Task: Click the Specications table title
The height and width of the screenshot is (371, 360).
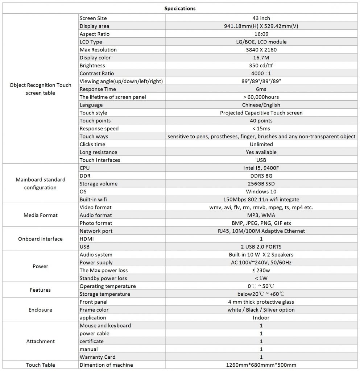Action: (x=180, y=8)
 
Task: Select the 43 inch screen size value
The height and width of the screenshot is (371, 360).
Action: (x=261, y=18)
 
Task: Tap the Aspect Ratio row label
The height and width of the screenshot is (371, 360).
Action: (x=94, y=34)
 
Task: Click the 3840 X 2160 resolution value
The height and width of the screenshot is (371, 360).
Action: (x=261, y=50)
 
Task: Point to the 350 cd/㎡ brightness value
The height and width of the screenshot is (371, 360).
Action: (x=261, y=66)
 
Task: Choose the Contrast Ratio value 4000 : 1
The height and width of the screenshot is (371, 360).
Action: (x=261, y=74)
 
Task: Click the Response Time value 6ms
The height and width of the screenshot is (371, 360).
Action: (x=261, y=89)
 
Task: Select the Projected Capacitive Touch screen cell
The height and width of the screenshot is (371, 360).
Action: (x=261, y=113)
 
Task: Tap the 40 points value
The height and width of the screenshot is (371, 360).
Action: (x=261, y=121)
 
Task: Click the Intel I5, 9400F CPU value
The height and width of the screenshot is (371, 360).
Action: (x=261, y=168)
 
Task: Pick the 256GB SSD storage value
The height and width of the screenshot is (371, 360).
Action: (x=261, y=184)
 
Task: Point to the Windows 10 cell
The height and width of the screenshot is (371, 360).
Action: (x=261, y=192)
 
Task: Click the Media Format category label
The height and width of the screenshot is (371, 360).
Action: (x=41, y=215)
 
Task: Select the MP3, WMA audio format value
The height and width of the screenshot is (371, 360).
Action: (x=261, y=215)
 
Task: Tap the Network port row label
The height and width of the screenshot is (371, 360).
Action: (x=96, y=231)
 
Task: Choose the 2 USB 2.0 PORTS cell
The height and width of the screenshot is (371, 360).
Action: (x=261, y=247)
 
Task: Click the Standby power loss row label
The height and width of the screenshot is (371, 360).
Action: (x=103, y=278)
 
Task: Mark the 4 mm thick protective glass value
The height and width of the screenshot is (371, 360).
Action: (x=261, y=302)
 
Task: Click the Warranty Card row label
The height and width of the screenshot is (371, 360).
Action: (x=98, y=357)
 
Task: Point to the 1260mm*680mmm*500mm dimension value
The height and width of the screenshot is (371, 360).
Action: (x=261, y=365)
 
